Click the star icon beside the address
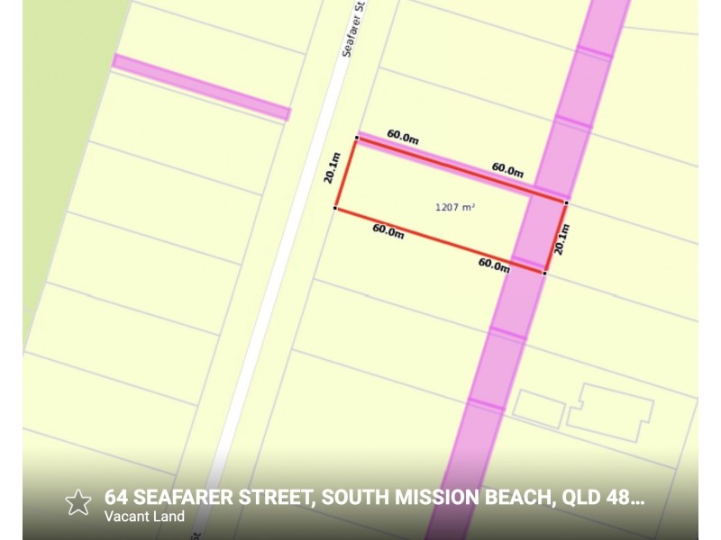pyautogui.click(x=78, y=501)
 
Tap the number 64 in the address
pyautogui.click(x=115, y=497)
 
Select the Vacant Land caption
pyautogui.click(x=144, y=517)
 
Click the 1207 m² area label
pyautogui.click(x=454, y=207)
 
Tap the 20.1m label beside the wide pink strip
pyautogui.click(x=561, y=238)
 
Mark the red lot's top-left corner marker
pyautogui.click(x=357, y=139)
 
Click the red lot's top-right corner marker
pyautogui.click(x=566, y=202)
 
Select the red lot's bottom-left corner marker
pyautogui.click(x=335, y=209)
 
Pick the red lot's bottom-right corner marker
pyautogui.click(x=544, y=272)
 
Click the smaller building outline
pyautogui.click(x=538, y=409)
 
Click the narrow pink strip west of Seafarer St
pyautogui.click(x=201, y=87)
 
